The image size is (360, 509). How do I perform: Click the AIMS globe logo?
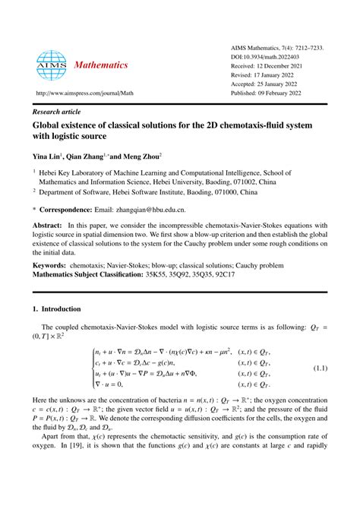tap(50, 65)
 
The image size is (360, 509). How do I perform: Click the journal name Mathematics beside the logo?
tap(101, 65)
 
